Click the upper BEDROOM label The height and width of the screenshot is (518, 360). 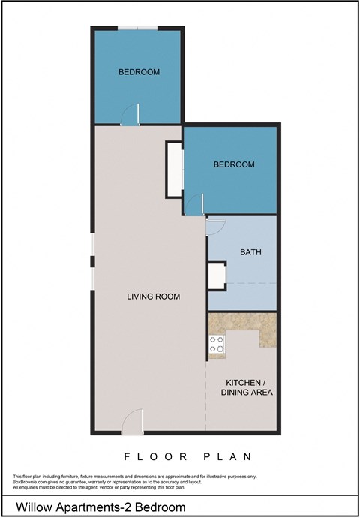pos(139,72)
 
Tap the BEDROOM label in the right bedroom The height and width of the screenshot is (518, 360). pos(234,164)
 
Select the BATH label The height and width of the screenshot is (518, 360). pos(250,253)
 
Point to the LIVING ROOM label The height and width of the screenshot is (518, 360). pos(153,297)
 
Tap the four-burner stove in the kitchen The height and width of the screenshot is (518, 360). pos(216,345)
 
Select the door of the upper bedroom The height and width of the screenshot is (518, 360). pos(132,114)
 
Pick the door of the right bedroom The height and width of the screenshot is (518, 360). pos(196,205)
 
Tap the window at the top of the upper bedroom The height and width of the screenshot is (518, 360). pos(138,28)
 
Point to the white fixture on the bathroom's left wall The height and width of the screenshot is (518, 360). pos(217,276)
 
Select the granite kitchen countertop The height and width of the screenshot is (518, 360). pos(244,325)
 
